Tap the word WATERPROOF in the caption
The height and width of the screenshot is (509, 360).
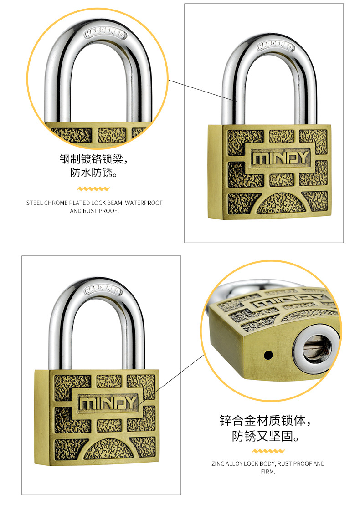point(144,203)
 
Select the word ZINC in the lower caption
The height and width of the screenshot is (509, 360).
point(218,464)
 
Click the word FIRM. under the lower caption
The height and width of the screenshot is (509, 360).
point(268,472)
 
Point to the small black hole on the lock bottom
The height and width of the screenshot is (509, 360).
point(268,355)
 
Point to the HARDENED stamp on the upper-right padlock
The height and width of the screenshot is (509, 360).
point(276,46)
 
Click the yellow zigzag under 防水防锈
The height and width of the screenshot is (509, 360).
point(93,189)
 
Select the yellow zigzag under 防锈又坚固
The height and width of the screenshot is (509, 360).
point(268,451)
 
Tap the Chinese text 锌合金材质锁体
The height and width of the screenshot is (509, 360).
point(262,420)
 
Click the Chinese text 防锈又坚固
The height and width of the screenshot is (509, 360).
point(262,436)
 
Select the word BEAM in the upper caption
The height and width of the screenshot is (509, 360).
point(115,203)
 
